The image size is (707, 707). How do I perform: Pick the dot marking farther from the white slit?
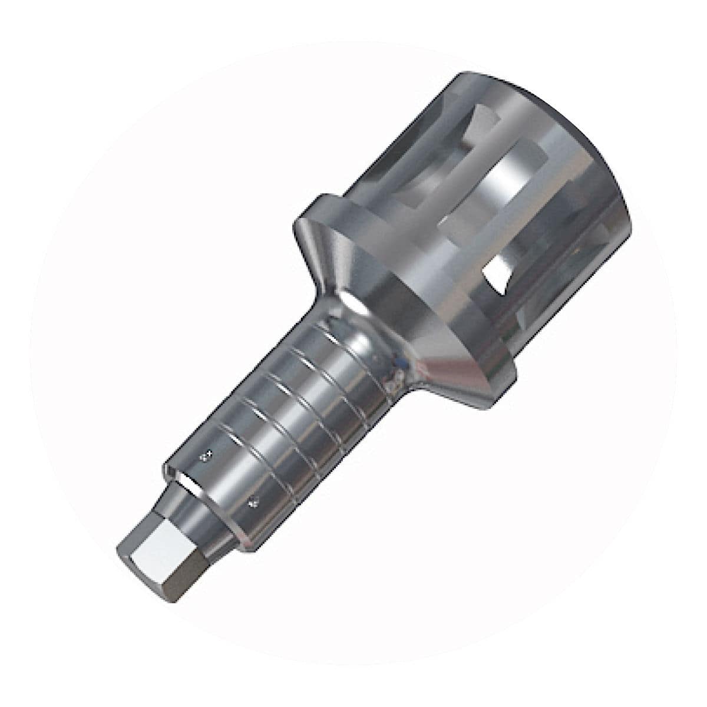point(255,502)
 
